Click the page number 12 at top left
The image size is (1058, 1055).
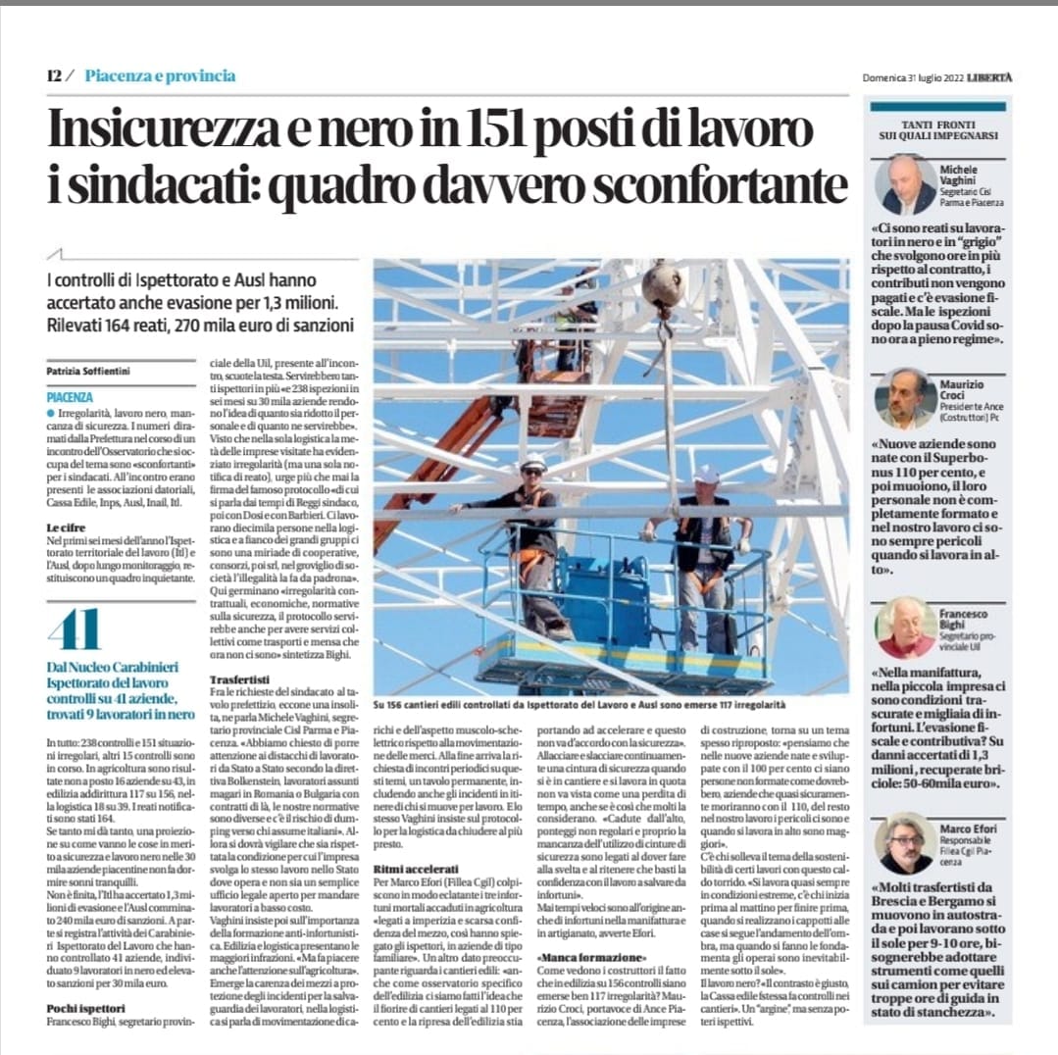point(54,75)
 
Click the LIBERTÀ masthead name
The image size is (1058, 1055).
point(991,77)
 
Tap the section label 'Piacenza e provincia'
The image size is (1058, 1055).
point(160,75)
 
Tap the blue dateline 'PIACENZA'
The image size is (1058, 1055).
point(70,398)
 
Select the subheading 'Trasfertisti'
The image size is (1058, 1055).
point(240,678)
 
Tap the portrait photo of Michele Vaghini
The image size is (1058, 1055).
point(908,185)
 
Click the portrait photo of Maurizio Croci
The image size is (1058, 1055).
point(906,398)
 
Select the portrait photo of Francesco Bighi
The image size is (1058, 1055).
point(906,628)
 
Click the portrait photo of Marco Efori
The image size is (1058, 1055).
point(906,843)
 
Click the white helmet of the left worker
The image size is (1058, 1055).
point(533,462)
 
